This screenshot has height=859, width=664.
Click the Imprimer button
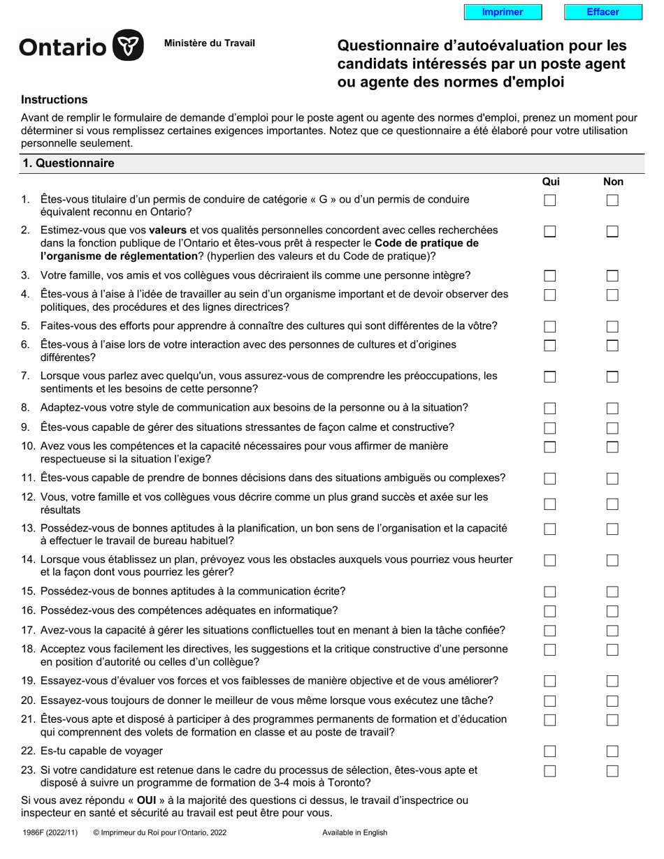503,12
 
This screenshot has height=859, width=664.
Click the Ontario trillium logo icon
129,45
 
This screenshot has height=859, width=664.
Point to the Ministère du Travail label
209,43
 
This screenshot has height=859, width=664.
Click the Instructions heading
55,100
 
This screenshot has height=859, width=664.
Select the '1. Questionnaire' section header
68,163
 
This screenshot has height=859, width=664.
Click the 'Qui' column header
551,182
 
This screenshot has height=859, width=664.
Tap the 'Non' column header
613,182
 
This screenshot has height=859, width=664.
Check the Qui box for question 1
550,200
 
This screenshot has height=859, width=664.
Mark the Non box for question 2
612,231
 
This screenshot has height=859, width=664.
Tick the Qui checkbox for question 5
550,326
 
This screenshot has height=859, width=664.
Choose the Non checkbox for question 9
612,427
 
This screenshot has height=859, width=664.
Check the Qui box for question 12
550,504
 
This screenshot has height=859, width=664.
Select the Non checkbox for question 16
612,611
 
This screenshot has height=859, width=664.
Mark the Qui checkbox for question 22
550,751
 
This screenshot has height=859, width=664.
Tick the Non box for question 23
612,771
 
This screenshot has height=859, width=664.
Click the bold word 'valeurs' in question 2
168,230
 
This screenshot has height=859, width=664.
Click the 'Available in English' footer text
354,832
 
